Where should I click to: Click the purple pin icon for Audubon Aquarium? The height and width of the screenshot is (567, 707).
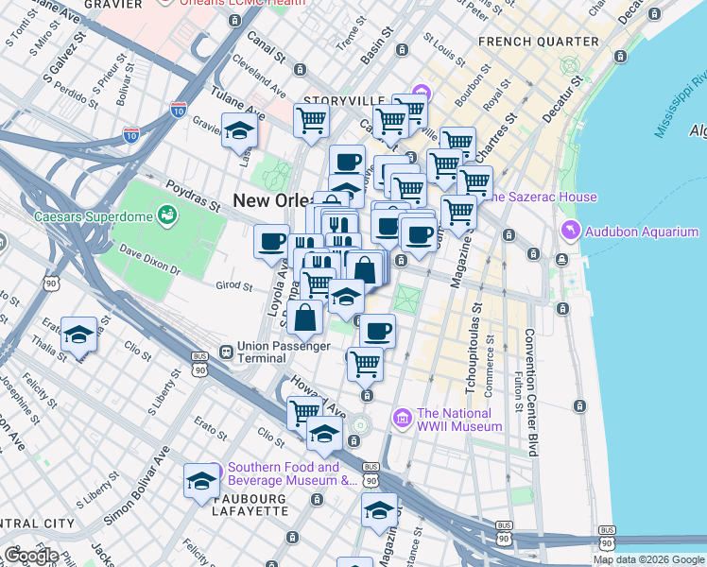click(571, 230)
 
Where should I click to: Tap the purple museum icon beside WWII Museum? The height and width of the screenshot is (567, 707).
click(402, 417)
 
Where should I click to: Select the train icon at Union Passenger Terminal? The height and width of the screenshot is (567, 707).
click(226, 352)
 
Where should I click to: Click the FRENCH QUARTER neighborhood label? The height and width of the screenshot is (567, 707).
click(538, 42)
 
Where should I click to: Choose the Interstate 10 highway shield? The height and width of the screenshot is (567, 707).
click(131, 136)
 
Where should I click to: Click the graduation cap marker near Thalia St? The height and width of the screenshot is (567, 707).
click(78, 335)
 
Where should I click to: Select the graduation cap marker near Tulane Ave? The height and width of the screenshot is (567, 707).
click(239, 130)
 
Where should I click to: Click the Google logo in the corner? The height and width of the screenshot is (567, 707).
click(30, 556)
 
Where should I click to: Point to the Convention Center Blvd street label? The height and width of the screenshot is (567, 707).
click(530, 392)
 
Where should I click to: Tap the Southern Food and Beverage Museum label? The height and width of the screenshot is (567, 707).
click(282, 473)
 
